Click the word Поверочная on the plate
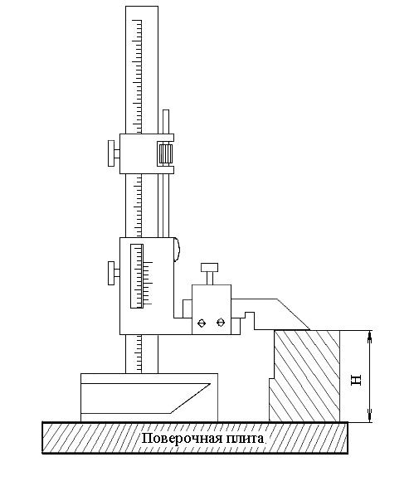point(182,440)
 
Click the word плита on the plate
point(245,439)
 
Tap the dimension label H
point(356,380)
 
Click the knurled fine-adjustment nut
point(165,154)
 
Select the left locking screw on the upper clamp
point(114,153)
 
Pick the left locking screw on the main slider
point(114,273)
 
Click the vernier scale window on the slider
point(137,276)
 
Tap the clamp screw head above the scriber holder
point(210,268)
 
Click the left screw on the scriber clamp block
point(202,323)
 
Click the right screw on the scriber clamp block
point(221,323)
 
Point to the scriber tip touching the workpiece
point(309,329)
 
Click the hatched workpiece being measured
point(304,376)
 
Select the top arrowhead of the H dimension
point(369,335)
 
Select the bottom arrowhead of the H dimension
point(369,416)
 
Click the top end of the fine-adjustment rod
point(166,110)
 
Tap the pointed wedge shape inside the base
point(146,399)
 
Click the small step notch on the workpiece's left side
point(271,378)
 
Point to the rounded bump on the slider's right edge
point(177,250)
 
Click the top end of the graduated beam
point(142,7)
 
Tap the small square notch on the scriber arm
point(250,315)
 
